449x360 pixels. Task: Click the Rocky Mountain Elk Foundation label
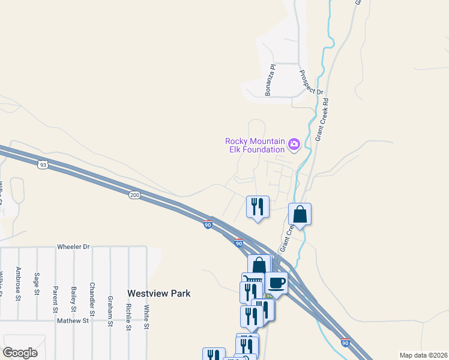[255, 145]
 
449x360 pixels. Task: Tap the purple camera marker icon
[294, 144]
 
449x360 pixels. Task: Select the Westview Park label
[158, 293]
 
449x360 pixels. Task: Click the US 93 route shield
[42, 164]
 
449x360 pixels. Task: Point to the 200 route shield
[134, 194]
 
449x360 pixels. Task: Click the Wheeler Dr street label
[73, 247]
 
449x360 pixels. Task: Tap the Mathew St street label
[73, 321]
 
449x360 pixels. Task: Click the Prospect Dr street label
[311, 82]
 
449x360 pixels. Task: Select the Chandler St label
[92, 299]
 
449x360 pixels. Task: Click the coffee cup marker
[276, 282]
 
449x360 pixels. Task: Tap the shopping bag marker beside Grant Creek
[300, 214]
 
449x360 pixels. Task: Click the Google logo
[20, 353]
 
